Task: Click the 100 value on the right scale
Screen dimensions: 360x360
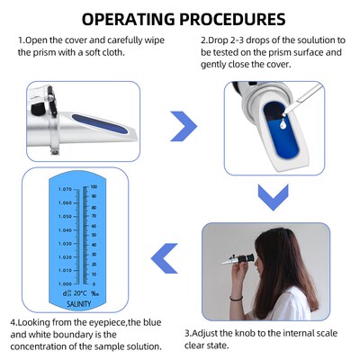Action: point(94,186)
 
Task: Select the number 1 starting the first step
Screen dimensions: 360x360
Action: point(20,41)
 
